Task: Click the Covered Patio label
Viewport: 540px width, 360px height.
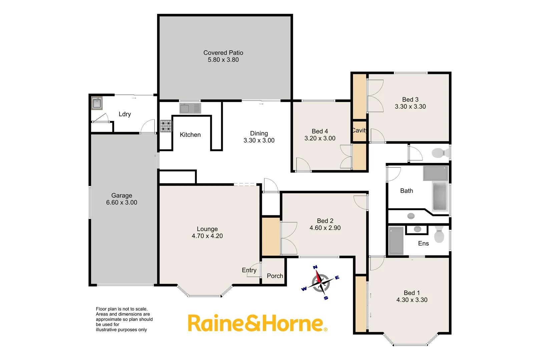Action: pos(223,53)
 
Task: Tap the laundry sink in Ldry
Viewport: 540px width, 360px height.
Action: pos(97,103)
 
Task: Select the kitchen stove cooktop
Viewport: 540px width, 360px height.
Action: pos(166,126)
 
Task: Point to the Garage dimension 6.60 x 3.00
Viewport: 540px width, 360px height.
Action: pos(121,202)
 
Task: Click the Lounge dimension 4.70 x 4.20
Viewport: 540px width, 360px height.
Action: pos(207,236)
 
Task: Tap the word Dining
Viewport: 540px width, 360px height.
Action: pos(259,133)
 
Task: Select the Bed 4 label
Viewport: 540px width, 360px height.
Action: pos(320,131)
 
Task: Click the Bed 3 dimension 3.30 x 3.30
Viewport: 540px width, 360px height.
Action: pos(410,107)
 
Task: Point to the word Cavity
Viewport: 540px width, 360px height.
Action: pos(360,130)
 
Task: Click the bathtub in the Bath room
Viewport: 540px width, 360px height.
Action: pos(440,196)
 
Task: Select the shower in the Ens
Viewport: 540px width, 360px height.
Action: pos(396,240)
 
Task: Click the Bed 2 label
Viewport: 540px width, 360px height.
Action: pos(325,221)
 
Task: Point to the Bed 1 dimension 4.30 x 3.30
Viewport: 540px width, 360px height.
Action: pos(412,300)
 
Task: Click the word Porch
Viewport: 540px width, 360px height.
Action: pos(275,276)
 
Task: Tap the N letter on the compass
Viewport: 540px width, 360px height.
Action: pos(315,267)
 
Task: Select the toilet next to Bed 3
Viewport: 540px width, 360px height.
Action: pos(440,153)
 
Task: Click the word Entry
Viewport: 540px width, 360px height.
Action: pos(249,270)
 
